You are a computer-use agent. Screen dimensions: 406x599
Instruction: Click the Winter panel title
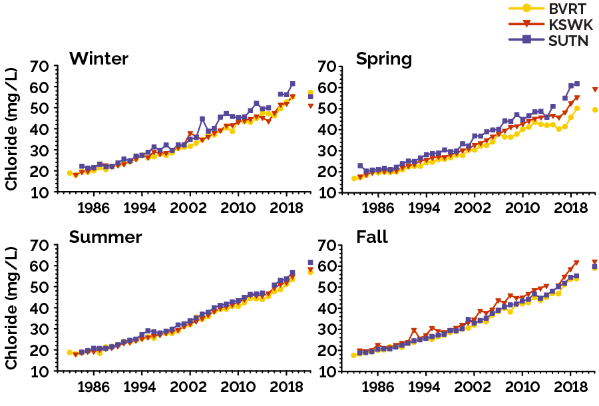pos(99,59)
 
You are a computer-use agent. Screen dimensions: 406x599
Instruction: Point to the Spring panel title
pos(384,59)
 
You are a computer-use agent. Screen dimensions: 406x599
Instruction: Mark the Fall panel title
pos(372,237)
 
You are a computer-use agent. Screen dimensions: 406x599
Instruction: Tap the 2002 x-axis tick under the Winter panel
pos(189,207)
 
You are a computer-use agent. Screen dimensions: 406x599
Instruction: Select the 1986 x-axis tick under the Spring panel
pos(378,207)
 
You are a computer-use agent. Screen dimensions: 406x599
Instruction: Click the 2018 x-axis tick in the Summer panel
pos(286,386)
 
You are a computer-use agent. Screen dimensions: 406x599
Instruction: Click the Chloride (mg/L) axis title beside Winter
pos(11,129)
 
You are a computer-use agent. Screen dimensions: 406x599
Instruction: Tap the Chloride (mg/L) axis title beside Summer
pos(11,308)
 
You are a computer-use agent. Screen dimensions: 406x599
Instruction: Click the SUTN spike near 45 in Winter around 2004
pos(202,119)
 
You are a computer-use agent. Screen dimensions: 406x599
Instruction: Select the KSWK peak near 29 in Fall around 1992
pos(414,331)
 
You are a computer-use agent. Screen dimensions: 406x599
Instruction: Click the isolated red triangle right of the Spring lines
pos(595,90)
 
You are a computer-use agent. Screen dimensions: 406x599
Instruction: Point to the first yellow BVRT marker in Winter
pos(69,173)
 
